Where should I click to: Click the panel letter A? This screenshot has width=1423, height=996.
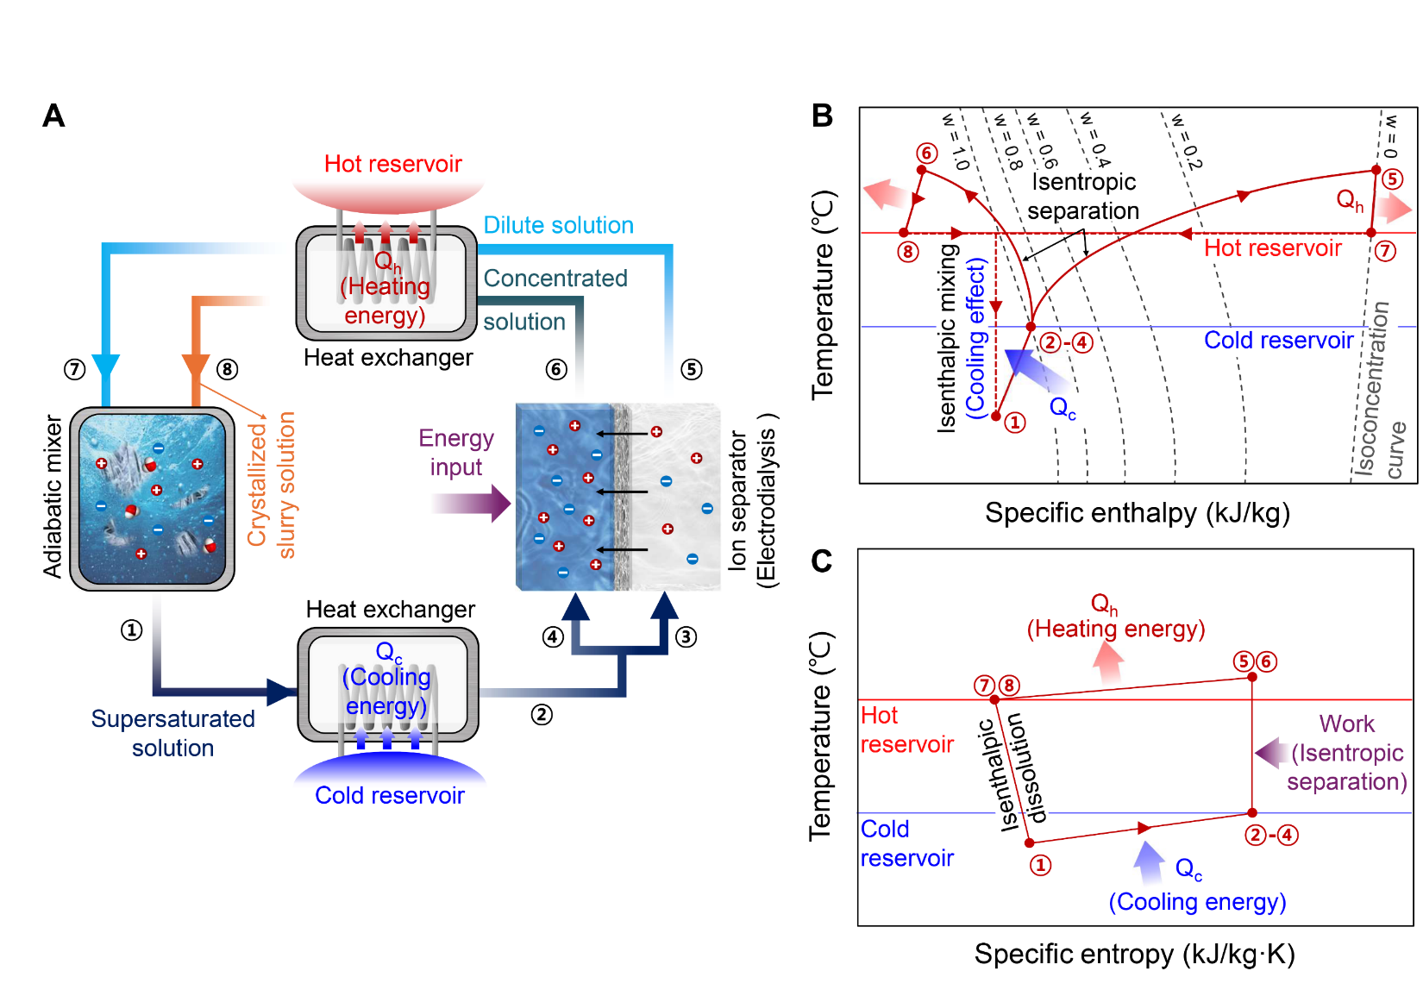(53, 116)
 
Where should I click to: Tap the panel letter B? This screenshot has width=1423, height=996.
(822, 116)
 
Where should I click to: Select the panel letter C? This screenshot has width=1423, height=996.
(822, 561)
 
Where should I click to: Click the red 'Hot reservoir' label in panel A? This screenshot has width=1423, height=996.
(392, 164)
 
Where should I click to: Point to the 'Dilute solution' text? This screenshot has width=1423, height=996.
(558, 225)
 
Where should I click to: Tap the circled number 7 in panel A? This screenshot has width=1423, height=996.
(75, 369)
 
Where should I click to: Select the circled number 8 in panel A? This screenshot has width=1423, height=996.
(227, 369)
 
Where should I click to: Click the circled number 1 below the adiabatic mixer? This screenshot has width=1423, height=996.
(131, 630)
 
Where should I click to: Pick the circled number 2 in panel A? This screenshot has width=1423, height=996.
(542, 714)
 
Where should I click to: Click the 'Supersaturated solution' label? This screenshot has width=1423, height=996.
(172, 733)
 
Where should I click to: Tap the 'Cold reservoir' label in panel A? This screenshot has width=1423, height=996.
(390, 795)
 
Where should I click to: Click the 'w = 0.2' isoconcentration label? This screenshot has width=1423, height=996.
(1182, 140)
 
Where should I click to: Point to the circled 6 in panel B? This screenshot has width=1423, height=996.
(927, 153)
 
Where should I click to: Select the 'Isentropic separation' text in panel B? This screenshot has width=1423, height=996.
(1083, 196)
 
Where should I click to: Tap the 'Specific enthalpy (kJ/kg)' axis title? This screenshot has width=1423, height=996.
(1137, 513)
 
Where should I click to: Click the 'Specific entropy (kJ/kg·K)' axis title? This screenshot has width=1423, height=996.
(1134, 954)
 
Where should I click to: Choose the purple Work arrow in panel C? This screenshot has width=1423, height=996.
(1271, 753)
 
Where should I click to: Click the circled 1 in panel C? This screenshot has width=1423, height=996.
(1041, 865)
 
